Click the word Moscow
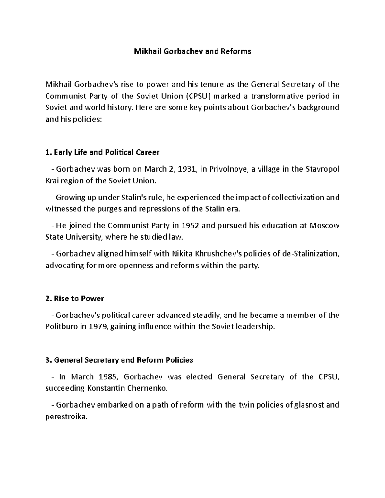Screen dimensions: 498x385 tap(324, 226)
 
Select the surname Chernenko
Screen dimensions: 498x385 tap(147, 388)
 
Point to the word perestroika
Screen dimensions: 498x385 tap(66, 417)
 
